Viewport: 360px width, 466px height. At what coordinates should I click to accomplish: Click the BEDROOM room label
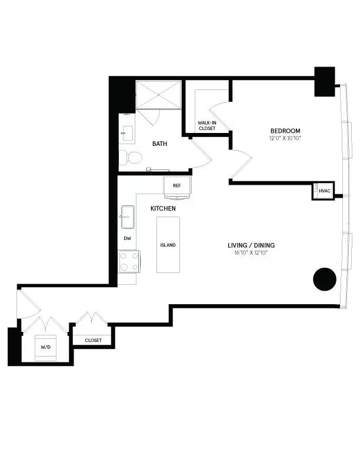285,131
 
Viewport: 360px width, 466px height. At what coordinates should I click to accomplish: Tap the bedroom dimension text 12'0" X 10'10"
285,139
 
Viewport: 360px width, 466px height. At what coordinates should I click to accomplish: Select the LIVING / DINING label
252,245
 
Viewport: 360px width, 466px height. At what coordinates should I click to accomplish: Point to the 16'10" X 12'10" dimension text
252,254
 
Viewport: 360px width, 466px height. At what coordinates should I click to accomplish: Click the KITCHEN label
163,209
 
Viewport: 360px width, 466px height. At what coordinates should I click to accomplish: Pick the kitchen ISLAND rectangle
168,245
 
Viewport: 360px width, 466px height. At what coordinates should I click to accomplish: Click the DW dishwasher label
127,238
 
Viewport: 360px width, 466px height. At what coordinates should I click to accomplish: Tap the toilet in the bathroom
130,158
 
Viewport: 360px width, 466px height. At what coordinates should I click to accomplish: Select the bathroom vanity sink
126,132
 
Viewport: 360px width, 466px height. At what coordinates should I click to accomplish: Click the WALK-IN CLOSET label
206,125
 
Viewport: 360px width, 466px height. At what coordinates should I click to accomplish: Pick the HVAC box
324,192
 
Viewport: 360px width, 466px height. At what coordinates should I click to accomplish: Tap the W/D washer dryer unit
46,347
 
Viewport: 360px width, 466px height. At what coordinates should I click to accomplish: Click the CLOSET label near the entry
93,340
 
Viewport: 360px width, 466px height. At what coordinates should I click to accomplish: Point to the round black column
324,279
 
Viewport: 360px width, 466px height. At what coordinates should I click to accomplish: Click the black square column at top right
324,82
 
